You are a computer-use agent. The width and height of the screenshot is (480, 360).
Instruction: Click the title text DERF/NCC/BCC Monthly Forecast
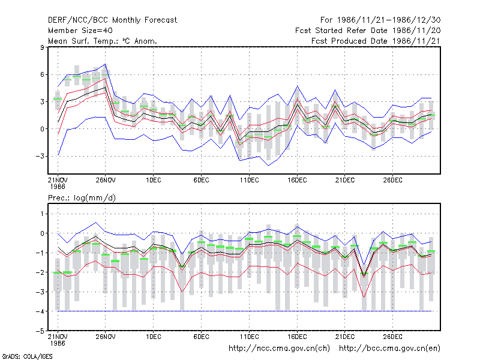pos(112,20)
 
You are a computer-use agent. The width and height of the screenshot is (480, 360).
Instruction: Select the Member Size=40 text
pos(80,31)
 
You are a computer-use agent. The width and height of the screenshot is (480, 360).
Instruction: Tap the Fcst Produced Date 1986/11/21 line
pos(376,41)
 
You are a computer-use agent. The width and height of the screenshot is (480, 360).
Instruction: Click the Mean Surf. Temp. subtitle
pos(103,41)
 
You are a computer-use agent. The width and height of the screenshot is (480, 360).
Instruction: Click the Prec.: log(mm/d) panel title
pos(82,198)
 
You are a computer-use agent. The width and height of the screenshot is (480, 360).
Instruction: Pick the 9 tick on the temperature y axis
pos(41,47)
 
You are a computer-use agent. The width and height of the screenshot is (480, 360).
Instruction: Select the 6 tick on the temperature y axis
pos(41,74)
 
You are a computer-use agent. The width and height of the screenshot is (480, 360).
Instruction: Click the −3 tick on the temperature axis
pos(40,156)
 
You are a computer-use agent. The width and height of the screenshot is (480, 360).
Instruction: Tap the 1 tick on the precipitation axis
pos(42,214)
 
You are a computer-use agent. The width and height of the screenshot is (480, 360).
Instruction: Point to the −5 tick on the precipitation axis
pos(40,331)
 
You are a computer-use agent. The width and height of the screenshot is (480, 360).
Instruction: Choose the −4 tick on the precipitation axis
pos(40,311)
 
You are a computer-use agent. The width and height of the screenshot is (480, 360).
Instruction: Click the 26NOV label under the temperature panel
pos(106,180)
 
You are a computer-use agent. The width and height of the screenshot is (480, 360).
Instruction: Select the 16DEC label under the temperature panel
pos(297,180)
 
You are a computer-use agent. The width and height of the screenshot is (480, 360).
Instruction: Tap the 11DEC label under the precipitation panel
pos(249,337)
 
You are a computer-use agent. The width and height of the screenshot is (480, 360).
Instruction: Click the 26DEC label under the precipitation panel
pos(393,337)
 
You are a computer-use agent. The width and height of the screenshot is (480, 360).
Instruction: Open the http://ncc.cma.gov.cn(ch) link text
pos(279,349)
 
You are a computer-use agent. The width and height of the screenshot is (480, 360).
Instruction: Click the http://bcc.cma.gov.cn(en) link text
pos(389,349)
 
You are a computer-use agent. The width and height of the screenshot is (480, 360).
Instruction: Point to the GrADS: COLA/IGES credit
pos(27,356)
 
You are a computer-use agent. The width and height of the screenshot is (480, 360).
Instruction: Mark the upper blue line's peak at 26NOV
pos(106,64)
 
